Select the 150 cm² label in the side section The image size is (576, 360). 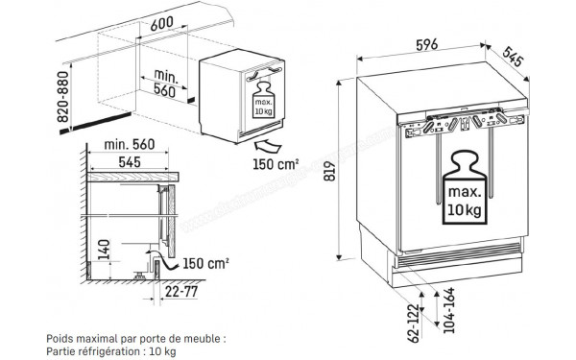tap(208, 262)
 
